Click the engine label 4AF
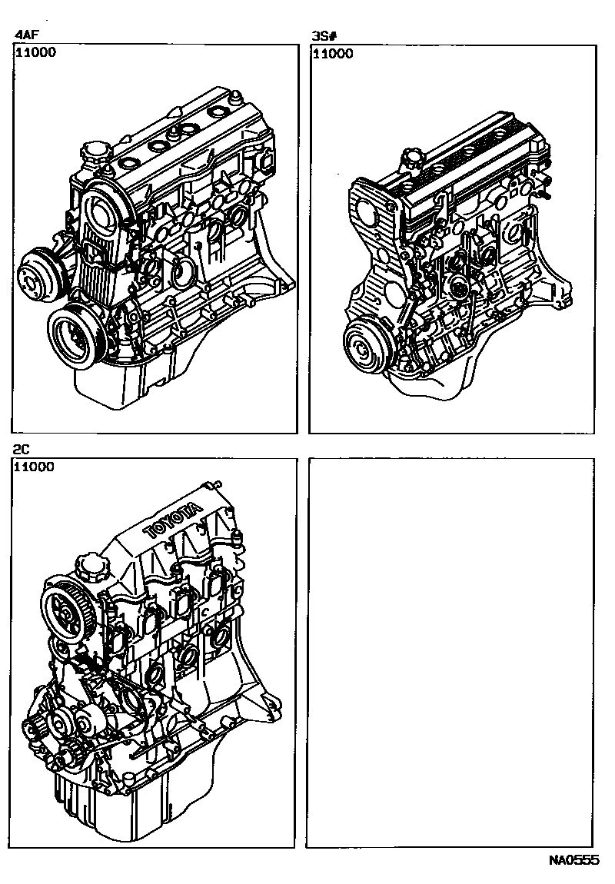click(x=26, y=35)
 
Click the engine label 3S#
click(x=324, y=37)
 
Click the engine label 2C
click(x=22, y=450)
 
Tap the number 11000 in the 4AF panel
click(x=35, y=52)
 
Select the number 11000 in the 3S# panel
click(x=333, y=54)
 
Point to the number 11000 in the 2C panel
click(x=35, y=467)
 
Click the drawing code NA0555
click(x=573, y=860)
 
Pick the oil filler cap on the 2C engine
click(x=88, y=566)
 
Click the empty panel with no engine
click(x=450, y=653)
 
